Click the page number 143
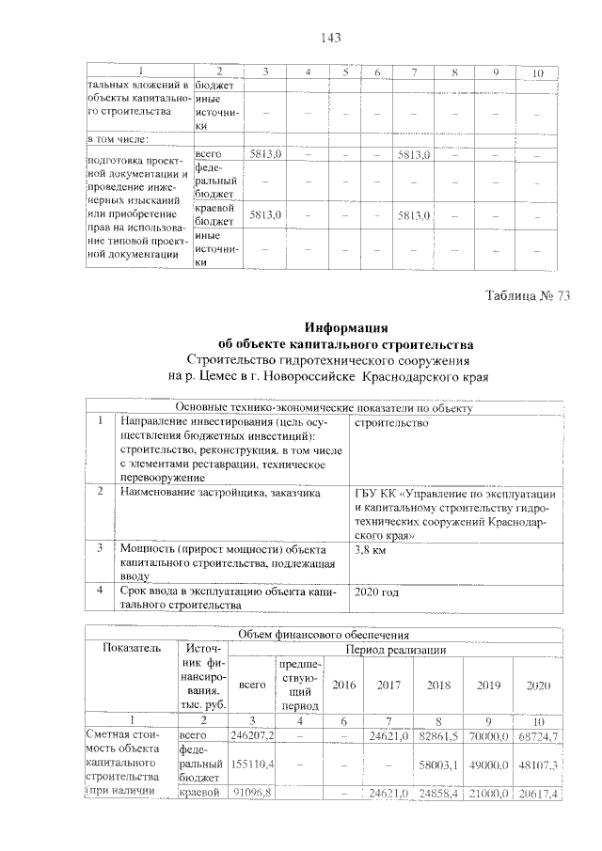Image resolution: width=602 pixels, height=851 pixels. (329, 38)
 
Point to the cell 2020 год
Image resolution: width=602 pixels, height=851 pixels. (376, 591)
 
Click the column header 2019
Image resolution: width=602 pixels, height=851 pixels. (488, 685)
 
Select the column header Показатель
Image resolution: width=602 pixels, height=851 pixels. (132, 648)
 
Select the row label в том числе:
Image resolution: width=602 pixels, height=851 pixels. (117, 139)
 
